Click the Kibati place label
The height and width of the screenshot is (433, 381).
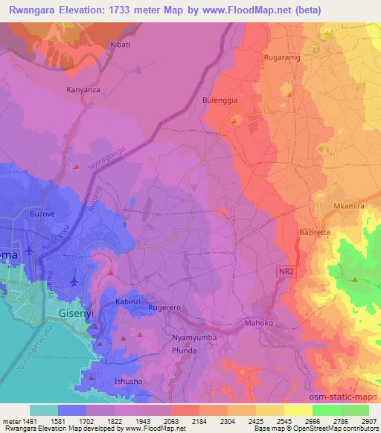(x=120, y=45)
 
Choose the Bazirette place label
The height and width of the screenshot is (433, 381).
(x=315, y=233)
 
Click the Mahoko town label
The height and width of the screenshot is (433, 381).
(x=260, y=324)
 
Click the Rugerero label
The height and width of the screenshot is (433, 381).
(x=166, y=307)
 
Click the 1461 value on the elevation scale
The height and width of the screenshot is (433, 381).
(x=28, y=421)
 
